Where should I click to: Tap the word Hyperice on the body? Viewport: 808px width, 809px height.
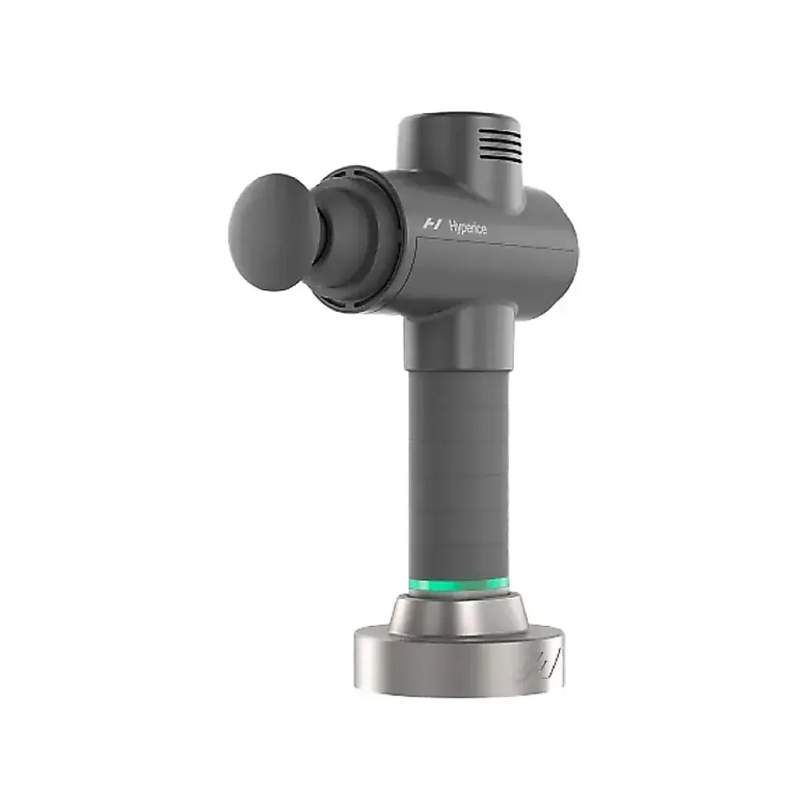[467, 227]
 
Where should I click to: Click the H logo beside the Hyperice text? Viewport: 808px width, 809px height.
[432, 224]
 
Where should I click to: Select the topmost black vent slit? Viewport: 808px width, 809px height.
[499, 132]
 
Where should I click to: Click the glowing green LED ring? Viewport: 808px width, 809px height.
[458, 586]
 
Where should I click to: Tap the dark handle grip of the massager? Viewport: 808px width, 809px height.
[458, 475]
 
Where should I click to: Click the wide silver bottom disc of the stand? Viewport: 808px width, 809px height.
[459, 663]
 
